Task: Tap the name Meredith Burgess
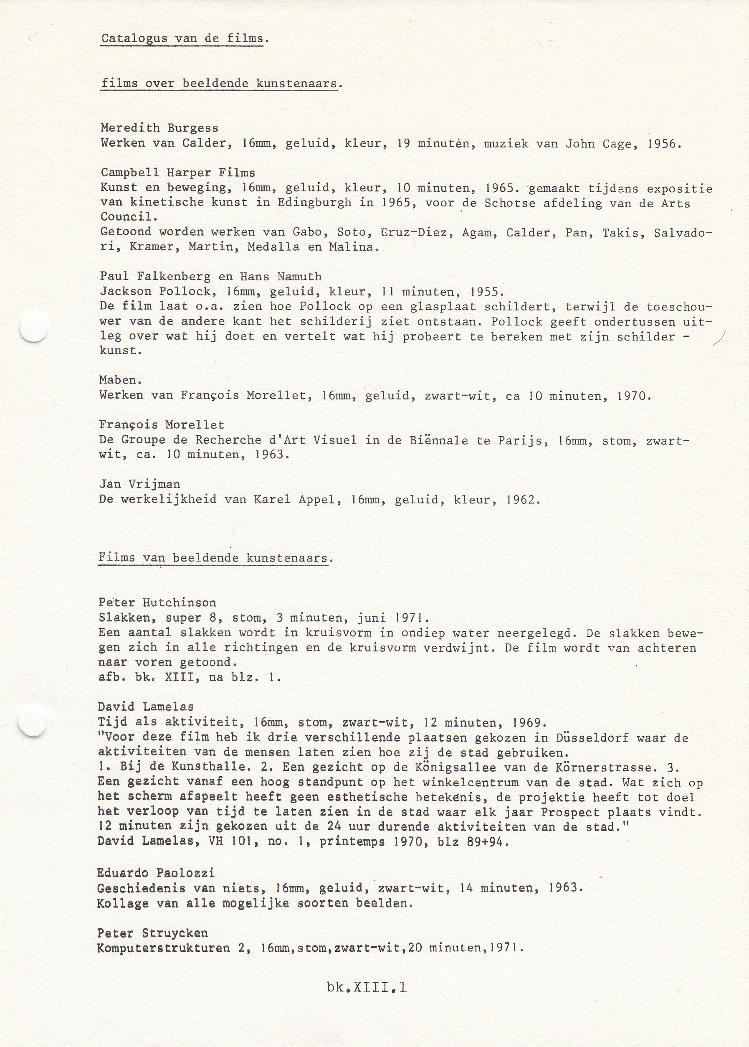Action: point(159,128)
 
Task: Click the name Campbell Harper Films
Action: point(178,173)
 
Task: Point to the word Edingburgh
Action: point(314,203)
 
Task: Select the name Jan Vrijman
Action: point(140,484)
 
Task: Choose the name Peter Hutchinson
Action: point(157,602)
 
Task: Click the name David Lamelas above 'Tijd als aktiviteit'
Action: point(146,706)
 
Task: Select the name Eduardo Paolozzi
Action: point(156,873)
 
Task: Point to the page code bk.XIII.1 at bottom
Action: point(367,988)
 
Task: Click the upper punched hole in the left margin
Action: point(34,328)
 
